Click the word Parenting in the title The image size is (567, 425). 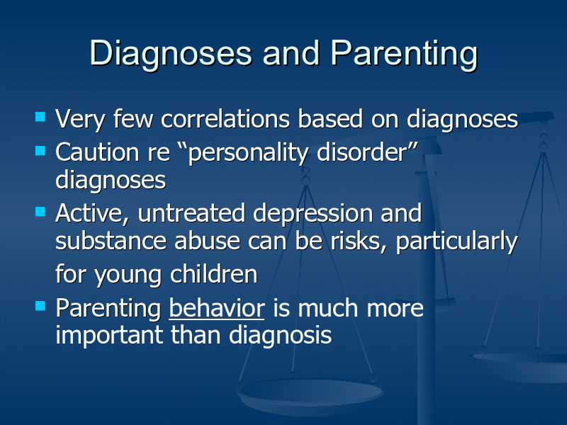pyautogui.click(x=404, y=54)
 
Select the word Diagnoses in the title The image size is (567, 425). pyautogui.click(x=171, y=54)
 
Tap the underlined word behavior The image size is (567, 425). pyautogui.click(x=217, y=308)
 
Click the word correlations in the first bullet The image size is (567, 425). pyautogui.click(x=225, y=119)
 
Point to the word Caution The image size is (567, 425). pyautogui.click(x=97, y=152)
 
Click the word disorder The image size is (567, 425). pyautogui.click(x=362, y=152)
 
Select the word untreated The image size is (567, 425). pyautogui.click(x=191, y=213)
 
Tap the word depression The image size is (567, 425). pyautogui.click(x=313, y=215)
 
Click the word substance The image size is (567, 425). pyautogui.click(x=111, y=241)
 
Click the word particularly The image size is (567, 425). pyautogui.click(x=457, y=242)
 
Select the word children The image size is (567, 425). pyautogui.click(x=214, y=274)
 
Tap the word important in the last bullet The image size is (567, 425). pyautogui.click(x=109, y=336)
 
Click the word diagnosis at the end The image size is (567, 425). pyautogui.click(x=280, y=336)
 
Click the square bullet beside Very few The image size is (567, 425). pyautogui.click(x=40, y=117)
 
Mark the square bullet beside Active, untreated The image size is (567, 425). pyautogui.click(x=40, y=211)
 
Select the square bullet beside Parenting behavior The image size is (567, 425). pyautogui.click(x=40, y=306)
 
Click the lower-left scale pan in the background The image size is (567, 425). pyautogui.click(x=310, y=394)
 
